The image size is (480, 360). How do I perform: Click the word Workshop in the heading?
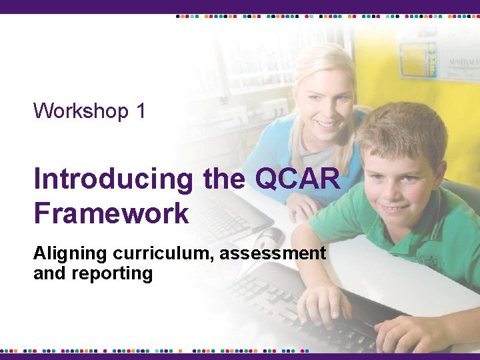tap(81, 110)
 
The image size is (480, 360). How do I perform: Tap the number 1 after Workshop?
tap(141, 110)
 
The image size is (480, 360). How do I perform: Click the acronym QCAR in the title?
tap(297, 179)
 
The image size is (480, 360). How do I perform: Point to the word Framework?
tap(111, 214)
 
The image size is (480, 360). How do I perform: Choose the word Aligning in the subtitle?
tap(70, 253)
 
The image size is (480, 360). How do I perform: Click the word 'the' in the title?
tap(223, 179)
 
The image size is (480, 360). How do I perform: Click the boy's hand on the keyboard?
tap(323, 303)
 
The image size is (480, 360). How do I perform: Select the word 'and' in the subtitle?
tap(48, 273)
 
